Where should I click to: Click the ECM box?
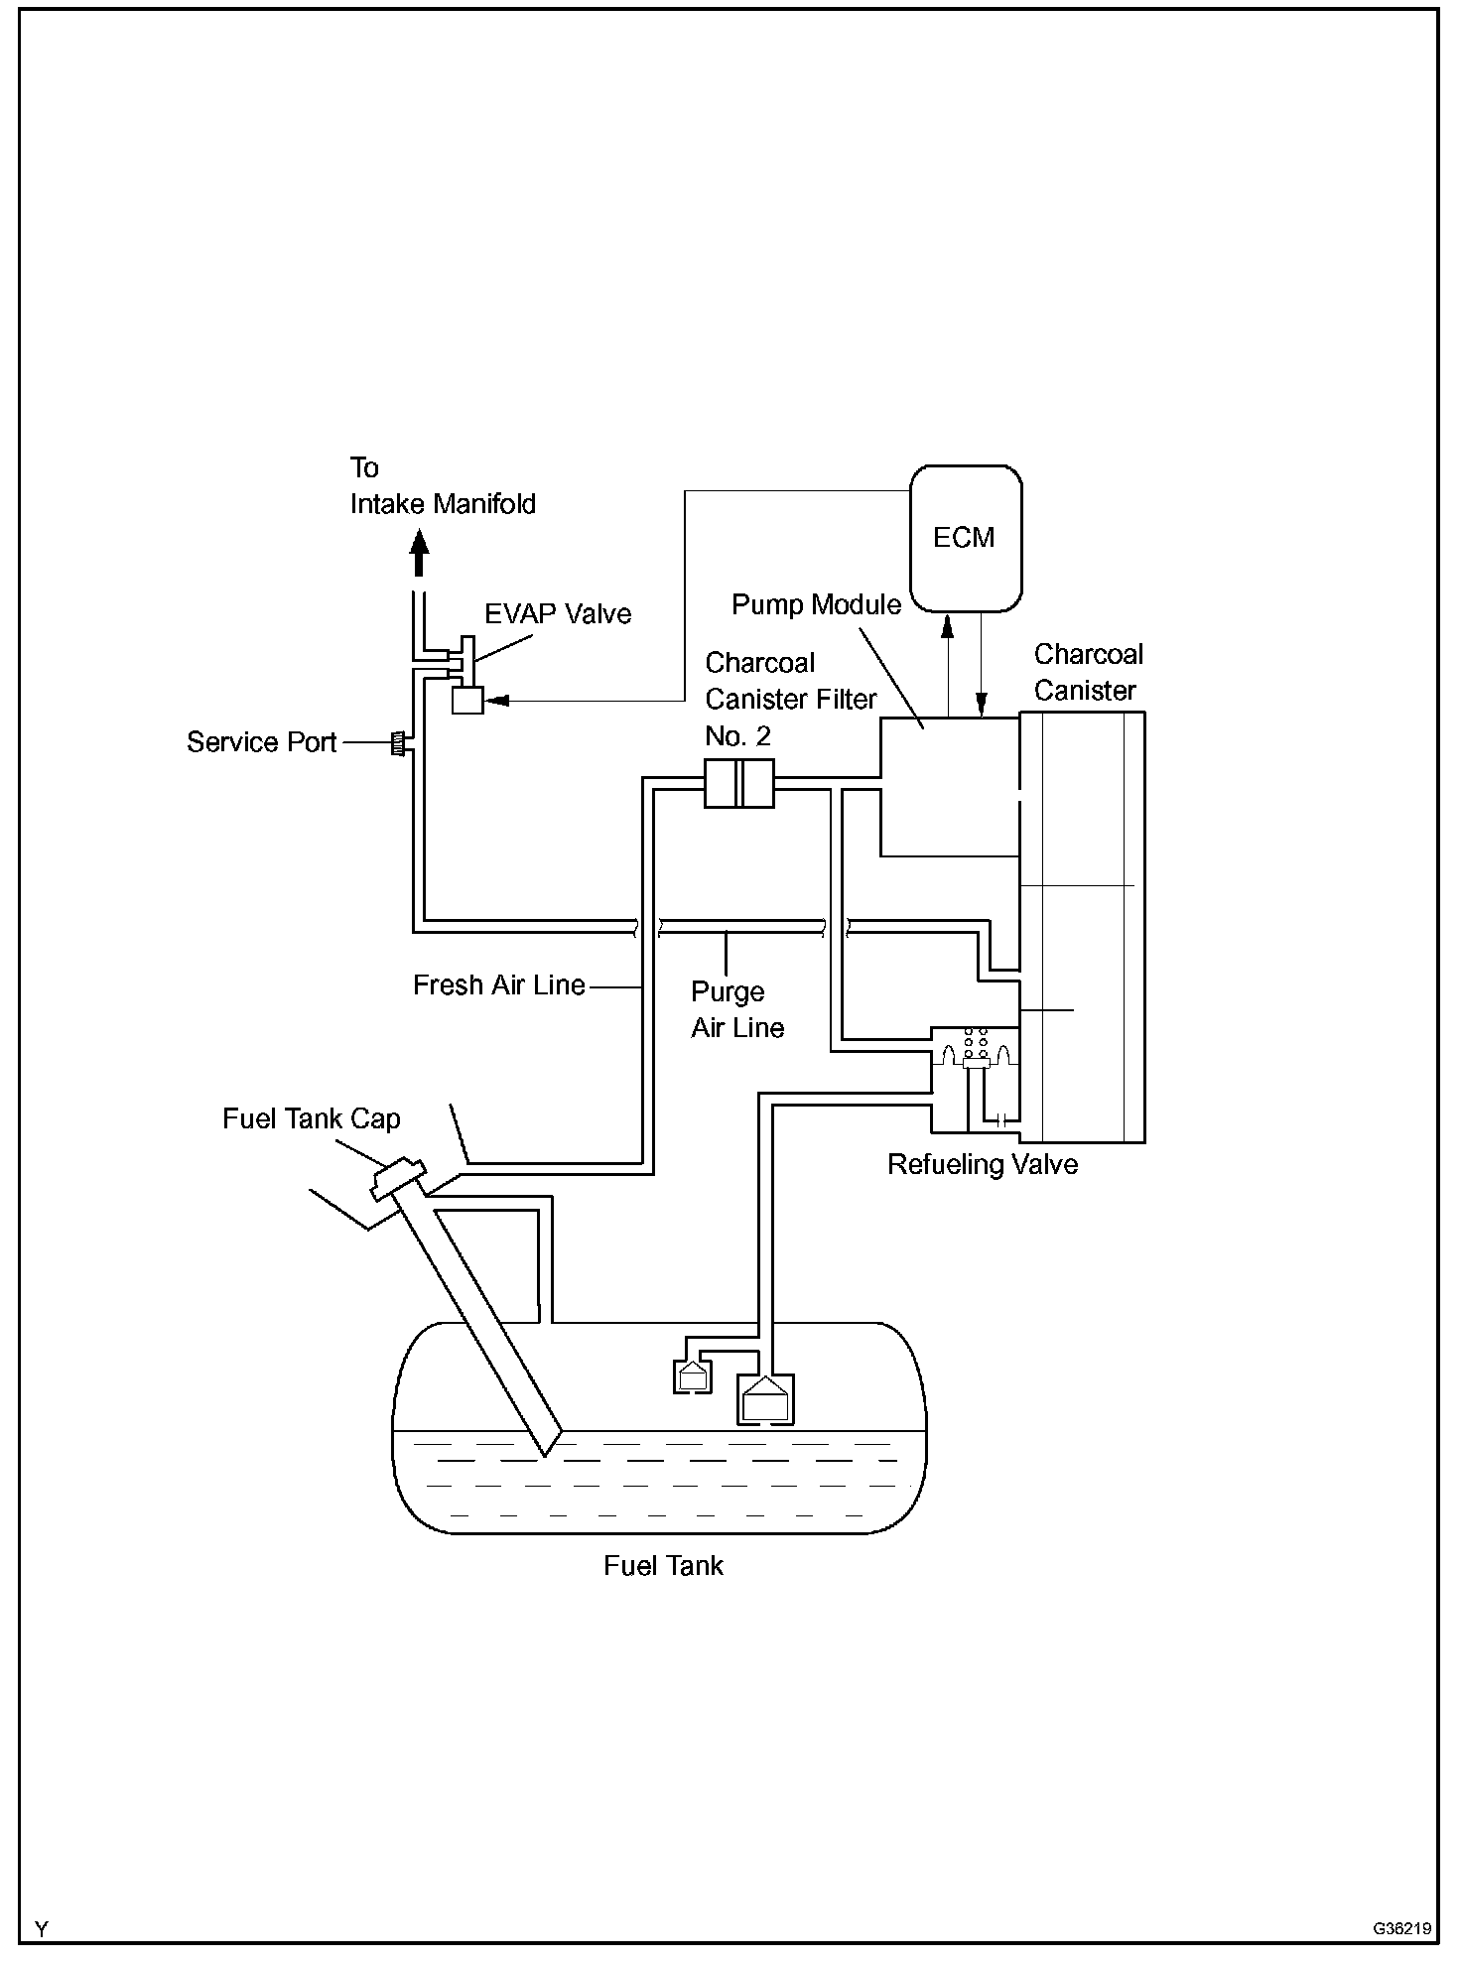click(x=966, y=538)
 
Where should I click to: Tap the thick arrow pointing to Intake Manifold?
click(x=420, y=552)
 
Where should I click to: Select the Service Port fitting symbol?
click(x=399, y=743)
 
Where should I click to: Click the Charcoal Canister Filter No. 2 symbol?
click(x=738, y=783)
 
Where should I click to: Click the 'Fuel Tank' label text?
click(x=663, y=1565)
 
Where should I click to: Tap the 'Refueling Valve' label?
click(x=983, y=1164)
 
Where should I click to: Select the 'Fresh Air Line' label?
click(x=499, y=985)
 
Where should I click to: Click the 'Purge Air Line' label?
click(x=737, y=1010)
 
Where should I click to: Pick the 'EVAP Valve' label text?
click(x=558, y=613)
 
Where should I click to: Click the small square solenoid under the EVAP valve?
click(x=466, y=700)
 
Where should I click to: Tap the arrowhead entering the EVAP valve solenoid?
click(x=498, y=700)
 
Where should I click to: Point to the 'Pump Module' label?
click(x=817, y=604)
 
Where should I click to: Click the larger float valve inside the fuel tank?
click(x=765, y=1399)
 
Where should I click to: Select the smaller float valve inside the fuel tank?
click(x=693, y=1376)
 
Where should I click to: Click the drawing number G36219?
click(x=1402, y=1928)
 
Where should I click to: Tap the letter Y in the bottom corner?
click(x=42, y=1929)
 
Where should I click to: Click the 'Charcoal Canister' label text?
click(x=1088, y=672)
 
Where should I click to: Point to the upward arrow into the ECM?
click(x=948, y=664)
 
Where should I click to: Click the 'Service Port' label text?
click(x=262, y=742)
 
